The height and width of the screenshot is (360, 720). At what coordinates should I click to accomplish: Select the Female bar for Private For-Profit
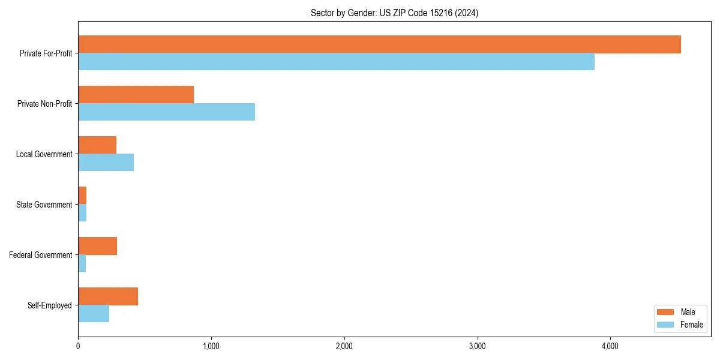336,62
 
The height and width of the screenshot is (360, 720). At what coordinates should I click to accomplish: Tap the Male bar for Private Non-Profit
136,95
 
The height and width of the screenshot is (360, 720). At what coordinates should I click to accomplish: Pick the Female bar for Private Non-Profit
166,112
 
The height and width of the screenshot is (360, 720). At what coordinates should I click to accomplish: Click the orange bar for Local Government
97,145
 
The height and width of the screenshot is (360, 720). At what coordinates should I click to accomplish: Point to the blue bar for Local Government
106,163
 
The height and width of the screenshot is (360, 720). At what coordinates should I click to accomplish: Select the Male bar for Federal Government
97,246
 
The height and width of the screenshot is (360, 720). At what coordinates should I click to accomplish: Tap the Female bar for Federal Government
82,263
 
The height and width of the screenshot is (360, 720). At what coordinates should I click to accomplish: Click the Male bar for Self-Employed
108,296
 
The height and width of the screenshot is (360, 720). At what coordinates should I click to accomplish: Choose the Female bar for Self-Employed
94,314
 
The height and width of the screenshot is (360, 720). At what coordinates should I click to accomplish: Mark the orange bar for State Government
82,196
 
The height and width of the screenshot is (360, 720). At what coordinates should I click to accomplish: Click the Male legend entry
679,312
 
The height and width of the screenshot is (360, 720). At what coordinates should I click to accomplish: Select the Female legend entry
679,325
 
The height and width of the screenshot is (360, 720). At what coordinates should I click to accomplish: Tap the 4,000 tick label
610,346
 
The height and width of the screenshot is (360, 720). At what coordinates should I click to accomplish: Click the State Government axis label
44,205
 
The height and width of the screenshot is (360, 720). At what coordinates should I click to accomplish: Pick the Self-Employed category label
49,305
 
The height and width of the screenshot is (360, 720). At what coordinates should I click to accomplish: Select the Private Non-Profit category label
44,104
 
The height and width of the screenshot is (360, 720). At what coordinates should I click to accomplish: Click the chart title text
394,13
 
